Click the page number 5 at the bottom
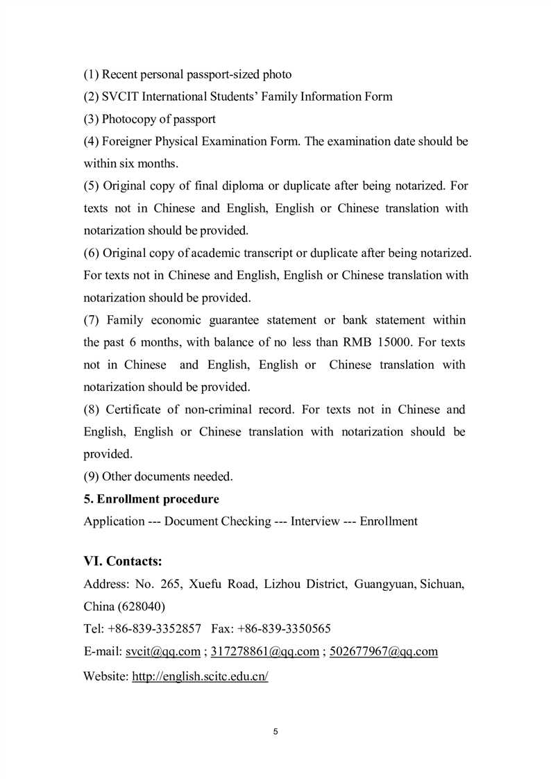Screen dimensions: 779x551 coord(275,731)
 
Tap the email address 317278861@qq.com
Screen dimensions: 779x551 coord(264,651)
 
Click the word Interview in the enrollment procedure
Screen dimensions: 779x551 coord(315,521)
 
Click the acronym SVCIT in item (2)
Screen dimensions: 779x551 coord(117,97)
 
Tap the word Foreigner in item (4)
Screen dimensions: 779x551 coord(128,142)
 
